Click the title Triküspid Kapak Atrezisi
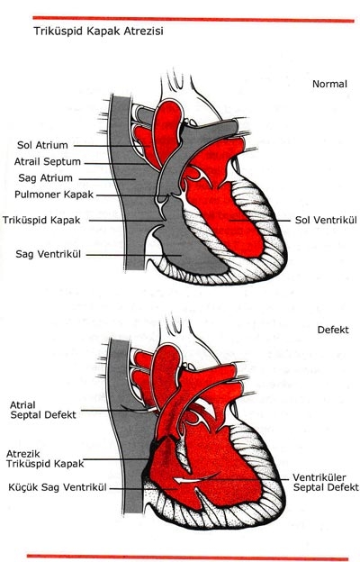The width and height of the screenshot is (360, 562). point(98,32)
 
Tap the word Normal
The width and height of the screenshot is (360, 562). point(329,84)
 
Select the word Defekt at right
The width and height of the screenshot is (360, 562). point(333,330)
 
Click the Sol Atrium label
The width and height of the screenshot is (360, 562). point(42,145)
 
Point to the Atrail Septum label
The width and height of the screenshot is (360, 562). point(48,161)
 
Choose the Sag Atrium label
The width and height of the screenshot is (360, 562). point(45,178)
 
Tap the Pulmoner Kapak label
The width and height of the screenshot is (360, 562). point(54,195)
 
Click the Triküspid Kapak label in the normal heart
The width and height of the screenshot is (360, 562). point(41,220)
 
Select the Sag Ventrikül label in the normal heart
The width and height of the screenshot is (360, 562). point(48,254)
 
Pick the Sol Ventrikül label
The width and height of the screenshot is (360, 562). point(326,220)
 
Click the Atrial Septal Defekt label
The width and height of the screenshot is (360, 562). point(43,410)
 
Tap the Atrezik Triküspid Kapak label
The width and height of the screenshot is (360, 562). point(45,459)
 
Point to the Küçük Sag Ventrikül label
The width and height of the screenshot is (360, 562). point(58,487)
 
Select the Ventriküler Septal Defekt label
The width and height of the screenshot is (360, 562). point(326,483)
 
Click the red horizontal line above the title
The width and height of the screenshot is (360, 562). point(193,19)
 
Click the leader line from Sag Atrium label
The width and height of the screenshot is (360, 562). point(107,179)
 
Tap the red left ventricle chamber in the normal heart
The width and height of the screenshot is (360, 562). point(229,215)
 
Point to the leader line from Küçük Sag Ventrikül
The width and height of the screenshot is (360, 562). point(142,488)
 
